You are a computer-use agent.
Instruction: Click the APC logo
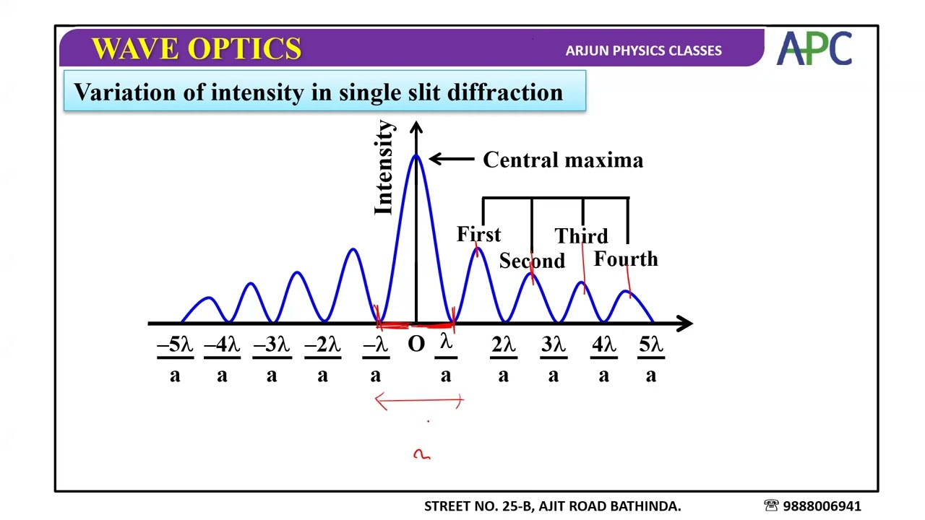coord(814,49)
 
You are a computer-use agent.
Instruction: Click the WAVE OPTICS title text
coord(197,49)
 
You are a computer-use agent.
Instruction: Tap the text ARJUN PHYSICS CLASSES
coord(643,51)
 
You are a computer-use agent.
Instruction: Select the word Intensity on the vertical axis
coord(384,168)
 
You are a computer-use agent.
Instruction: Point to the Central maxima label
coord(562,160)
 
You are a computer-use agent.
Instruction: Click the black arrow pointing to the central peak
coord(452,159)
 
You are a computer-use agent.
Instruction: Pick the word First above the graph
coord(478,235)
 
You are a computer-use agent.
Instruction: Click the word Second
coord(532,261)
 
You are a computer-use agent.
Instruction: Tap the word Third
coord(581,236)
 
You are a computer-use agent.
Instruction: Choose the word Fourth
coord(626,259)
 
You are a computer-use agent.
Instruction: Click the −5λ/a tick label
coord(175,359)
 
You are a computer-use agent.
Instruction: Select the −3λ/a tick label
coord(272,359)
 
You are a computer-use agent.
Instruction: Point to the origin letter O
coord(416,344)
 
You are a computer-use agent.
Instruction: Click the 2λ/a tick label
coord(503,359)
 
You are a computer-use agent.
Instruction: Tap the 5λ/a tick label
coord(651,359)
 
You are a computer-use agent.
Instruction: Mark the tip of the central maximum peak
coord(416,155)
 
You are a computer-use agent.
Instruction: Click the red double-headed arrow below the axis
coord(419,401)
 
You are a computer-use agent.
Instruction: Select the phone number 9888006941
coord(822,506)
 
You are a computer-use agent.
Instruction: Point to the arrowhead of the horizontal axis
coord(687,324)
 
